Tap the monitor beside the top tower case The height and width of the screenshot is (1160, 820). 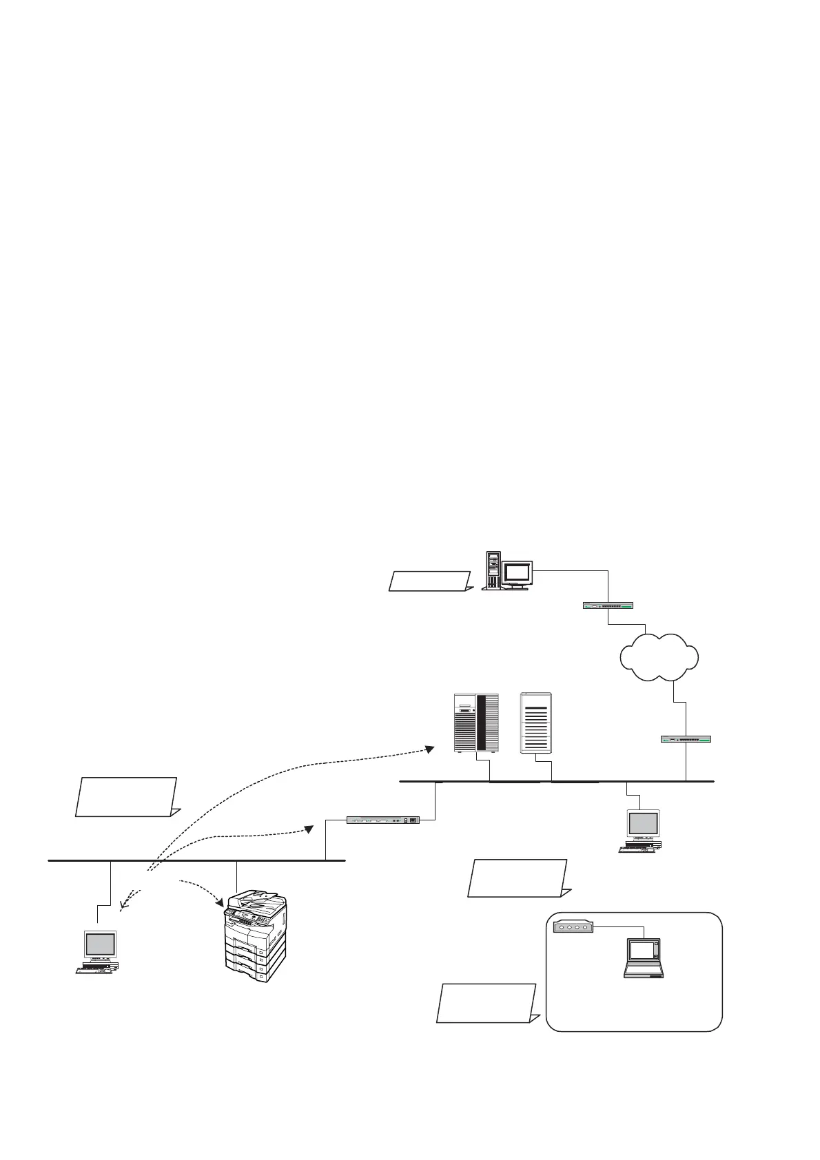(517, 573)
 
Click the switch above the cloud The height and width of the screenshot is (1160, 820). (608, 606)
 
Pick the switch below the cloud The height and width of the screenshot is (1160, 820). (686, 739)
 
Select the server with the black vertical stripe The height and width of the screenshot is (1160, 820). (476, 723)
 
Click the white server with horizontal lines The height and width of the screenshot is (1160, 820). (536, 723)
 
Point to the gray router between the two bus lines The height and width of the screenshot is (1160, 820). (383, 820)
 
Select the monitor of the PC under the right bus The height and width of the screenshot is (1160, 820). (643, 824)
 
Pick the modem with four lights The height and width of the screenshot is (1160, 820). (573, 927)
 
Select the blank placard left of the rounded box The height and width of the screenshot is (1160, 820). (486, 1003)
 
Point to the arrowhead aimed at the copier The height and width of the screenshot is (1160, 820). (220, 900)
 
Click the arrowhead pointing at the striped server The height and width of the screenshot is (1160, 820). (429, 749)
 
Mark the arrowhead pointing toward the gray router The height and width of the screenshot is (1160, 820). (310, 830)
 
